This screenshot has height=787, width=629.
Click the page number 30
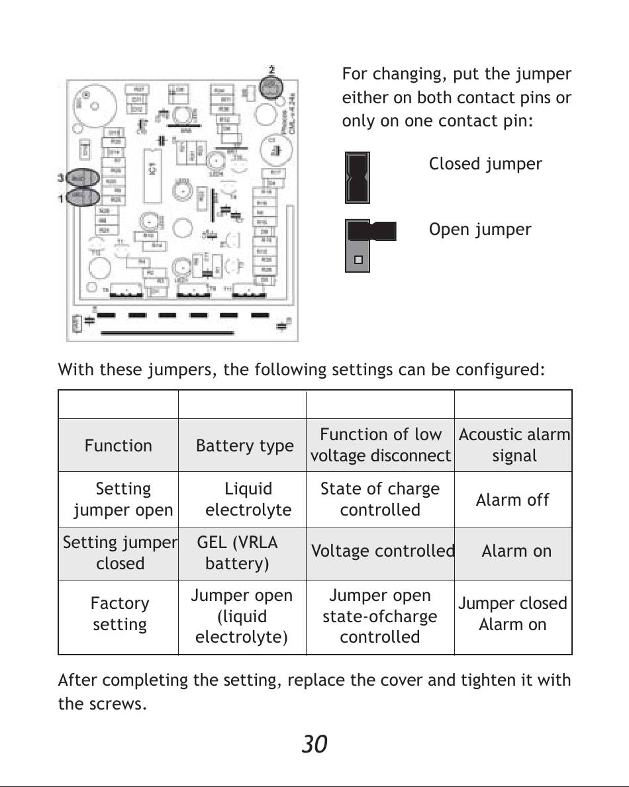[x=314, y=745]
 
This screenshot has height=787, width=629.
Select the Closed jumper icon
[x=358, y=177]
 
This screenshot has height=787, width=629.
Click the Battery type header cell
[x=244, y=445]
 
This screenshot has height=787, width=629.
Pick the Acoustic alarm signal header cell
[x=514, y=445]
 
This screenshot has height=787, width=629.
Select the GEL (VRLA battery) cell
[x=238, y=553]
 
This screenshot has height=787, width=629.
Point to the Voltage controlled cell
[x=382, y=551]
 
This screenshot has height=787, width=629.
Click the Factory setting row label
[x=120, y=614]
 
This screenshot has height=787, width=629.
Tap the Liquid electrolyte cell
[x=248, y=500]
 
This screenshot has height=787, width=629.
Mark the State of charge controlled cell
[x=380, y=500]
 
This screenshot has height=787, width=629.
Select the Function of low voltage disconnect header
[x=380, y=445]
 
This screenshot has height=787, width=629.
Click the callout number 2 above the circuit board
[x=272, y=69]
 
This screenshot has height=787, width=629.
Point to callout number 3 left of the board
[x=60, y=177]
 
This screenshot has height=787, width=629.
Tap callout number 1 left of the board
[x=60, y=197]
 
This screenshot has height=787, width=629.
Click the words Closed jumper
[x=485, y=164]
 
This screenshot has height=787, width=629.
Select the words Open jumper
[x=479, y=230]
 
